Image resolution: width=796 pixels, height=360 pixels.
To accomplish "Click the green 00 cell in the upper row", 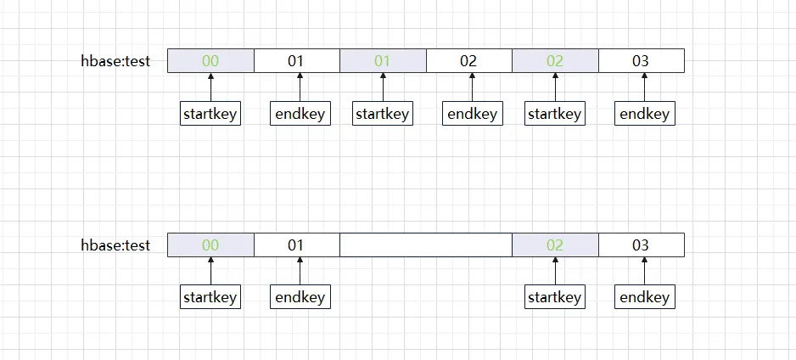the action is (x=210, y=61).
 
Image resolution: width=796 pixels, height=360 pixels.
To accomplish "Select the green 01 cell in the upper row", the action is (x=383, y=61).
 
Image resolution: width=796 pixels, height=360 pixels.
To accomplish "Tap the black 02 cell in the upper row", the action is (x=469, y=61).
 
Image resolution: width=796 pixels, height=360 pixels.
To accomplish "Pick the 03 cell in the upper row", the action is (x=642, y=61).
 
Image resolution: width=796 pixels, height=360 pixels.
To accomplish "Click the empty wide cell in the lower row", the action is (x=426, y=245).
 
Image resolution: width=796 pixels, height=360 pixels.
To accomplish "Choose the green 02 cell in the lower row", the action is (x=555, y=245).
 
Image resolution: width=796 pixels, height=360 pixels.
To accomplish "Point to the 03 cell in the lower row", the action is (x=642, y=245).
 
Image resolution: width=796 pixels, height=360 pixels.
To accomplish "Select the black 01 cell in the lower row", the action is (x=297, y=245).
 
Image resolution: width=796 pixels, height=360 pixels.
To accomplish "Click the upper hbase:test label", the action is (x=115, y=61).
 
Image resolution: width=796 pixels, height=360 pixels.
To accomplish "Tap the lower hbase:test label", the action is (x=115, y=245).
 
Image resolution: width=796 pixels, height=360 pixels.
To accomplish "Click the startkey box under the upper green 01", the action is (x=383, y=113).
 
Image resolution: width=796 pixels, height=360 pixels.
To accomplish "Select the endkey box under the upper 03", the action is (x=645, y=113).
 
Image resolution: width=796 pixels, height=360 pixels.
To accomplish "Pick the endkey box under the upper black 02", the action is (x=473, y=113).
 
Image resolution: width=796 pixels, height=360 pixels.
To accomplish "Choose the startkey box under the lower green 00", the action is (x=210, y=296).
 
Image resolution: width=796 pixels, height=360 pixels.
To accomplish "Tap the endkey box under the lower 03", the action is (x=645, y=296).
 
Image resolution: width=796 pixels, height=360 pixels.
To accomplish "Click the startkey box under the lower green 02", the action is (x=555, y=296).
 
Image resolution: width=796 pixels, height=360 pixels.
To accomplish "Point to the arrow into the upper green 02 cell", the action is (x=555, y=87).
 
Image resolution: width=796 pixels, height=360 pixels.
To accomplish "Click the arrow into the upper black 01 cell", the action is (x=300, y=87).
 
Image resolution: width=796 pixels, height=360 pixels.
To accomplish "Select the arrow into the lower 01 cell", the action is (x=300, y=271).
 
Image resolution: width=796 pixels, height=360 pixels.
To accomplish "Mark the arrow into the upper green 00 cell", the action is (x=210, y=87).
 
